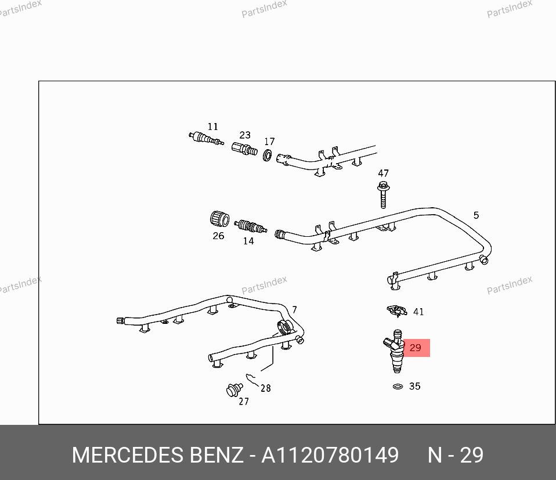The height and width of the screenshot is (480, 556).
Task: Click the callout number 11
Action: click(x=213, y=127)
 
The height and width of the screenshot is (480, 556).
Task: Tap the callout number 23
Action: click(x=245, y=135)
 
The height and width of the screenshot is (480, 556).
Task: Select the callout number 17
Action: click(x=269, y=142)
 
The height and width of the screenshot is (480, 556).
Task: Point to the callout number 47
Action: click(x=383, y=173)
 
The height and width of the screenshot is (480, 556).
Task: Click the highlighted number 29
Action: click(x=415, y=348)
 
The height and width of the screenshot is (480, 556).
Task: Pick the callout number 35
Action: click(x=414, y=386)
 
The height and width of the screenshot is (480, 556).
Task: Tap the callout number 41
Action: click(x=418, y=312)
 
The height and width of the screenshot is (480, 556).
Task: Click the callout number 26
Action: click(x=218, y=236)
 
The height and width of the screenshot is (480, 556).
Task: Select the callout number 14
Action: click(x=248, y=241)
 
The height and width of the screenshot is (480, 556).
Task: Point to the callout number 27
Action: click(x=244, y=401)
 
